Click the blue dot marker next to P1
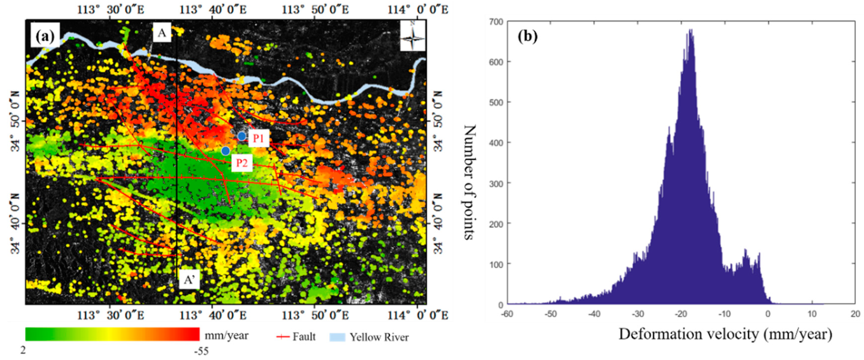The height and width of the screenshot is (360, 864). [241, 136]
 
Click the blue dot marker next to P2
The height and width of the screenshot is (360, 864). [226, 151]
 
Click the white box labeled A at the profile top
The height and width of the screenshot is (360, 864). [162, 33]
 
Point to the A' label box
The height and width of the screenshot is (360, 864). [189, 280]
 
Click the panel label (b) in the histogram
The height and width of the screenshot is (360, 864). [528, 36]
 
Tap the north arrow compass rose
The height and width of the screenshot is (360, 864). [413, 36]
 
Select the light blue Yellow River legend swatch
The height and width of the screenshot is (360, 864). [337, 337]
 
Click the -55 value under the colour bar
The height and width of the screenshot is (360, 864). [201, 351]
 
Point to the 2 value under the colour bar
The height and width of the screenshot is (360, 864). [23, 350]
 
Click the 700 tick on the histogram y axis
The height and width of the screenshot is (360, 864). [497, 22]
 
